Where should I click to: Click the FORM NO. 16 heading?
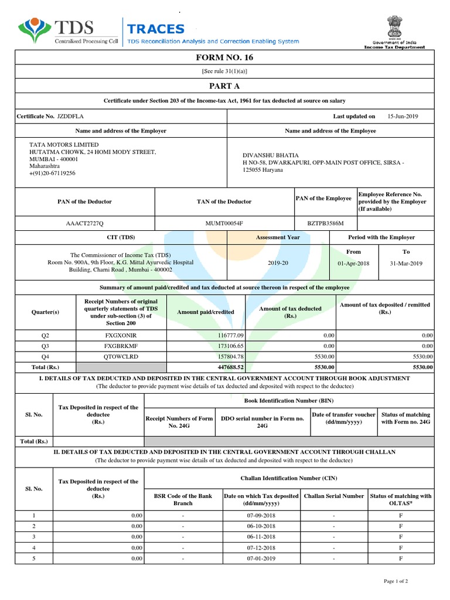[x=224, y=57]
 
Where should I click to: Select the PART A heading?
[x=224, y=86]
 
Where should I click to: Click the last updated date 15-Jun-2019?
[x=403, y=117]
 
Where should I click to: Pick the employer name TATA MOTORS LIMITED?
[x=64, y=145]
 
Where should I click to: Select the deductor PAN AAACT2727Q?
[x=84, y=224]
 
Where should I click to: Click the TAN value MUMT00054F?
[x=223, y=224]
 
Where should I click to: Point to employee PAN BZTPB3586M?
[x=325, y=224]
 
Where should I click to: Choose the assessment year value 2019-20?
[x=278, y=263]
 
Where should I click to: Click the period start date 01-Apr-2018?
[x=353, y=263]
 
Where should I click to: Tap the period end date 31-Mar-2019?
[x=405, y=263]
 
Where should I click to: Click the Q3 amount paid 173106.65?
[x=230, y=346]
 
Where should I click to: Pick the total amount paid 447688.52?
[x=229, y=367]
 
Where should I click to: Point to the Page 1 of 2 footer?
[x=396, y=581]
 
